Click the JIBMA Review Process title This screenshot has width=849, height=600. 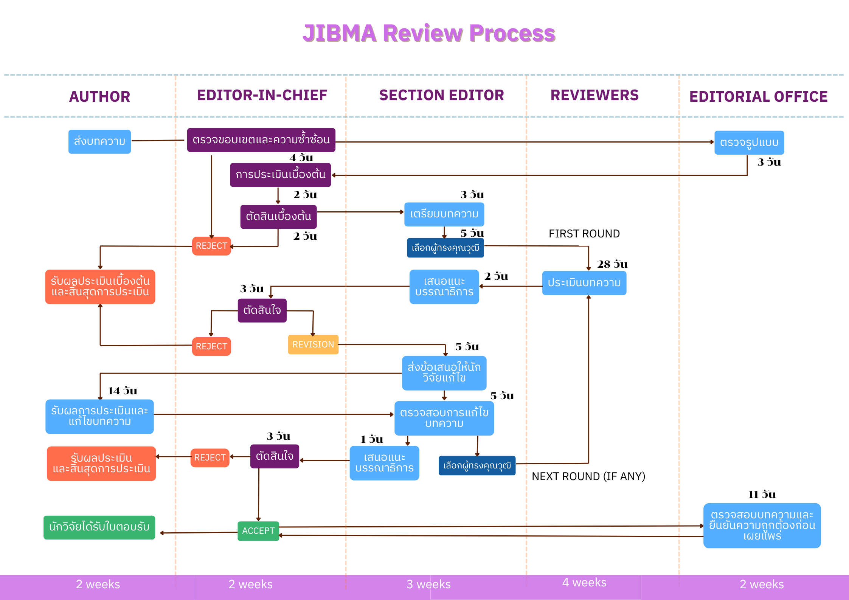tap(429, 33)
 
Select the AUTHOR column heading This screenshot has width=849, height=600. tap(99, 97)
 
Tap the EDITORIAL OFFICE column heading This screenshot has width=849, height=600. tap(758, 97)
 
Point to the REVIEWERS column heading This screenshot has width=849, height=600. tap(594, 95)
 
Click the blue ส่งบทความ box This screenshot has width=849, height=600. tap(99, 142)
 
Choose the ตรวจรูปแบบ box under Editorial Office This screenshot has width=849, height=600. tap(749, 143)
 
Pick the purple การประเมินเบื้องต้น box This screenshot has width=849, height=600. tap(280, 175)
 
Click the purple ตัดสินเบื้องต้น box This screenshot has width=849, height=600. tap(278, 217)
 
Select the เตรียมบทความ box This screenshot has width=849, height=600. tap(444, 214)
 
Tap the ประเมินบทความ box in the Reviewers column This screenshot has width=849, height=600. tap(584, 283)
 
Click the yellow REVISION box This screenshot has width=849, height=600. tap(313, 344)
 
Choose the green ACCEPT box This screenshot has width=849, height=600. tap(258, 531)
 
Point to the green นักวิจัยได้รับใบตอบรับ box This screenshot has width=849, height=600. tap(99, 527)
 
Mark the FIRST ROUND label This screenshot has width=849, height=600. tap(584, 234)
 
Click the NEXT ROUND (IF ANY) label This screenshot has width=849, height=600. tap(588, 476)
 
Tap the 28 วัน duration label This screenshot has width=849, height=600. tap(612, 264)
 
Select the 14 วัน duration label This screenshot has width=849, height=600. tap(122, 391)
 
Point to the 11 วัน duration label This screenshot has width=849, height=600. tap(762, 494)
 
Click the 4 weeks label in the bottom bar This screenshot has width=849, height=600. tap(584, 583)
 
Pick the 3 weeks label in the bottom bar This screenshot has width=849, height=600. tap(428, 584)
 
